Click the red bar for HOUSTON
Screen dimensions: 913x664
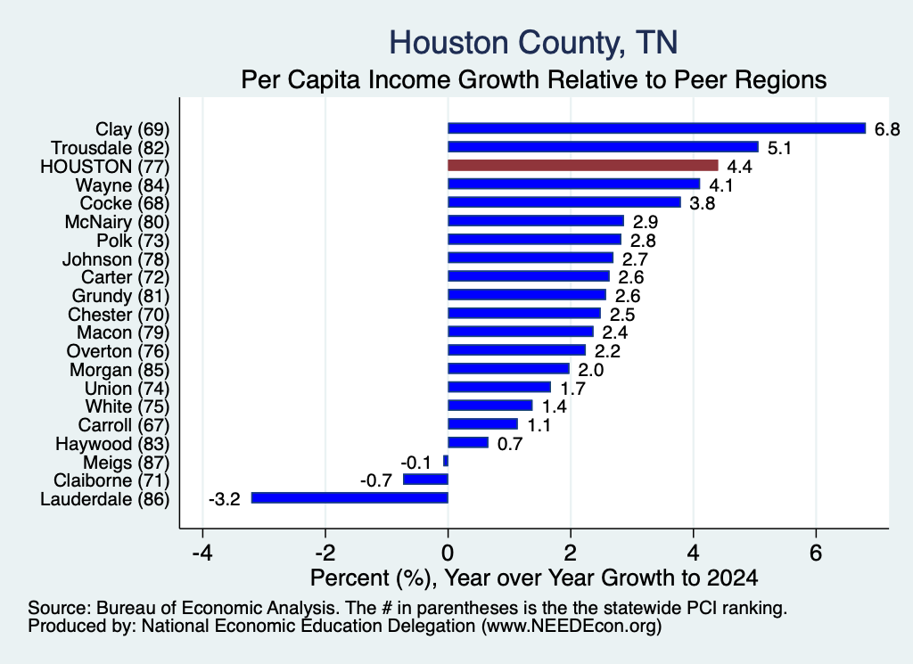click(x=583, y=166)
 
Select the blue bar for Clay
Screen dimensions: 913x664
click(x=657, y=128)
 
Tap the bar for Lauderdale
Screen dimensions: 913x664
click(x=350, y=498)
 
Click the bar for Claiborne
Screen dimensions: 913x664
click(x=425, y=480)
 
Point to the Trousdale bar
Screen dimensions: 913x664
click(x=604, y=147)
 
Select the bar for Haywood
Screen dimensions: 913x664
click(x=468, y=443)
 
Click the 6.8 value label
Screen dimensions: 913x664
click(x=887, y=129)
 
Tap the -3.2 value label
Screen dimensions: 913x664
click(x=224, y=499)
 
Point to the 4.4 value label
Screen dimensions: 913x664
click(x=739, y=167)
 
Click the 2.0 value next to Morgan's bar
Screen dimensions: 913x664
click(x=590, y=370)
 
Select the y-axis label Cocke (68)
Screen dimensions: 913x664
click(x=125, y=204)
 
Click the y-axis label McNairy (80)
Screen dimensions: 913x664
click(x=117, y=222)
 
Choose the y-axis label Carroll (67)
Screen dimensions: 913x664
click(x=123, y=425)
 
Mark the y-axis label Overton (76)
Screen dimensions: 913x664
click(x=119, y=351)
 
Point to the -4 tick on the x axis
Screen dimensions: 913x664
click(x=202, y=553)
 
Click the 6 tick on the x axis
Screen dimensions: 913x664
click(x=816, y=553)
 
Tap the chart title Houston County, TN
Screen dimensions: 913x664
click(x=533, y=43)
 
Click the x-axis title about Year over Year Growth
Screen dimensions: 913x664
click(x=534, y=578)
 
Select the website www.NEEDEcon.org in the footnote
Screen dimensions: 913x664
click(x=572, y=627)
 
